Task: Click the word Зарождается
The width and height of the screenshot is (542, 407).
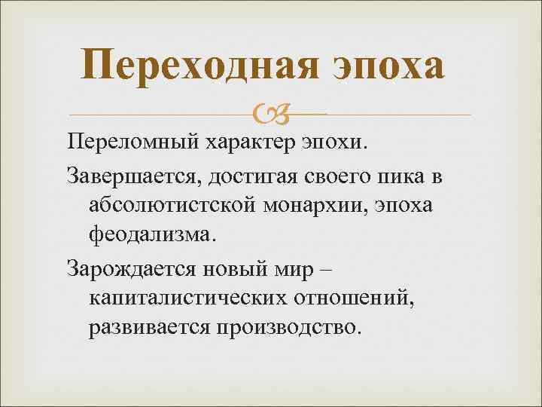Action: [x=131, y=269]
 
